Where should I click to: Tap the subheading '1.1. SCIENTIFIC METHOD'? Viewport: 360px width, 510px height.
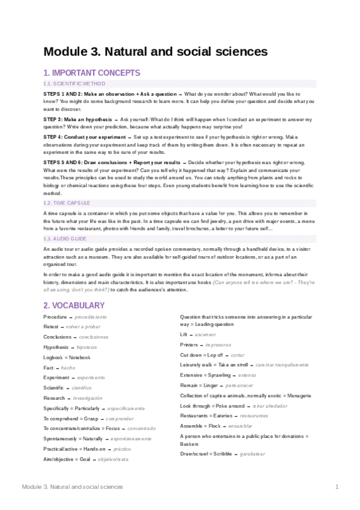pos(75,84)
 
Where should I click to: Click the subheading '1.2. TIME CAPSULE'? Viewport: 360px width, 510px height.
pos(67,203)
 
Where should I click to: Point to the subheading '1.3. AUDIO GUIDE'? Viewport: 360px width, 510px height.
pos(66,239)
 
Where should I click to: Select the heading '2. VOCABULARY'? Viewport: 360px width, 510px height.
pos(74,305)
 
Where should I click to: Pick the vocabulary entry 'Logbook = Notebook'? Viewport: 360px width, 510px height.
pos(67,357)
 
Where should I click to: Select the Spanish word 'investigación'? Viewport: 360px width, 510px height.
pos(84,398)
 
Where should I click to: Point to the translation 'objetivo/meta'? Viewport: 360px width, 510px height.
pos(110,459)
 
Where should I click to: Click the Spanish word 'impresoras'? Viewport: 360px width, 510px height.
pos(218,345)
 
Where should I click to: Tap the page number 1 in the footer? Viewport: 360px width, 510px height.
pos(337,486)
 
